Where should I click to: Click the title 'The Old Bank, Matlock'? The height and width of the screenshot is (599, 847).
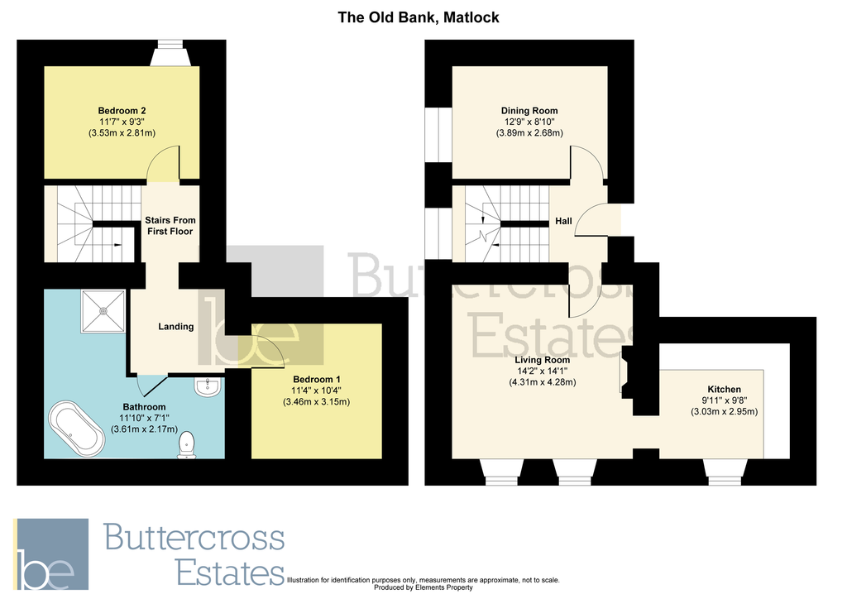[x=419, y=17]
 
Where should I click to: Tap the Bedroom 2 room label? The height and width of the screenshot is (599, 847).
[x=122, y=111]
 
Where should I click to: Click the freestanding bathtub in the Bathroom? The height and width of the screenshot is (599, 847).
[x=79, y=429]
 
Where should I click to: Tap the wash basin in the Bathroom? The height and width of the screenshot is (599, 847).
[x=208, y=386]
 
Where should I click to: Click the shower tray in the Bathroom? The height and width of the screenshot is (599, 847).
[x=103, y=311]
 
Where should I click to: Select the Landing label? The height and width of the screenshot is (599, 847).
[x=175, y=327]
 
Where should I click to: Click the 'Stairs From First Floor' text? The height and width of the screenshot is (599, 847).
[x=169, y=226]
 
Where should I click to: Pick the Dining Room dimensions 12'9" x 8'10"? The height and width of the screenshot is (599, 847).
[x=529, y=122]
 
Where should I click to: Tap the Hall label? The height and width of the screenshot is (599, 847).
[x=563, y=222]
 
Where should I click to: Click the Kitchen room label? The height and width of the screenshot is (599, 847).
[x=724, y=390]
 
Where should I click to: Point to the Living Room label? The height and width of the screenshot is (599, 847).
[x=542, y=360]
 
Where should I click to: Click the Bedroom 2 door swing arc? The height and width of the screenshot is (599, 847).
[x=164, y=161]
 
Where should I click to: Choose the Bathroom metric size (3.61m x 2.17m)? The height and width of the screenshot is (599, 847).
[x=144, y=429]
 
